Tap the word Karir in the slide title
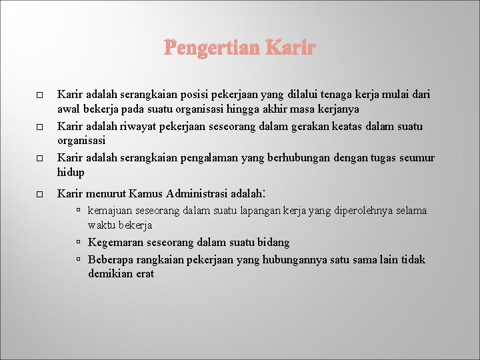[290, 49]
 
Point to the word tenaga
[325, 95]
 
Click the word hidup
[71, 172]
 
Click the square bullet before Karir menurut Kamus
[39, 195]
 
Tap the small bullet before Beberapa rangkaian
[79, 259]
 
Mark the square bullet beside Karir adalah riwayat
[39, 127]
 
